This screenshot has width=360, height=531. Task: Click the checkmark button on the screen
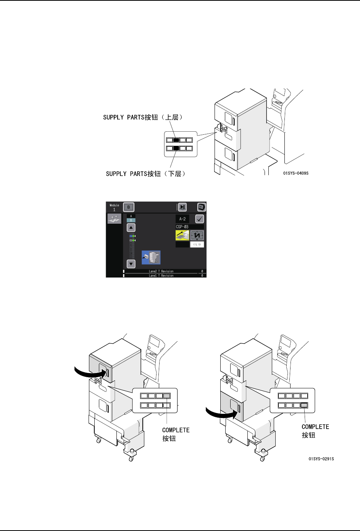(200, 219)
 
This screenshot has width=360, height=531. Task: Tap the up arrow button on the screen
(131, 228)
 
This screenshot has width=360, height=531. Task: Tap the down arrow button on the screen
(131, 263)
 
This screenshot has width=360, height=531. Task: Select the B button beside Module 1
(129, 207)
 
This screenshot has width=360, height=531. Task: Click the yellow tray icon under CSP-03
(182, 235)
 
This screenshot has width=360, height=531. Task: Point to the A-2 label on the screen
(182, 219)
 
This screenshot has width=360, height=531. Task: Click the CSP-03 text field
(189, 227)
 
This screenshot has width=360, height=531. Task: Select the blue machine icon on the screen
(151, 258)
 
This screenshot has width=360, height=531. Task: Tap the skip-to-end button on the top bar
(182, 207)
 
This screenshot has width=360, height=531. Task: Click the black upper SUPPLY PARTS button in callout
(176, 140)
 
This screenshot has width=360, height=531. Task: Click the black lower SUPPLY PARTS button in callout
(176, 148)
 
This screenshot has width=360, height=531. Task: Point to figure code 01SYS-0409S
(295, 173)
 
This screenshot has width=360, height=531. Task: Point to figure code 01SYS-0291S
(321, 459)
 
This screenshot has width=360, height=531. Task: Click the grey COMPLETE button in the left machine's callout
(167, 396)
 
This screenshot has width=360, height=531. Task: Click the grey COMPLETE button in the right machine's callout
(304, 405)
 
